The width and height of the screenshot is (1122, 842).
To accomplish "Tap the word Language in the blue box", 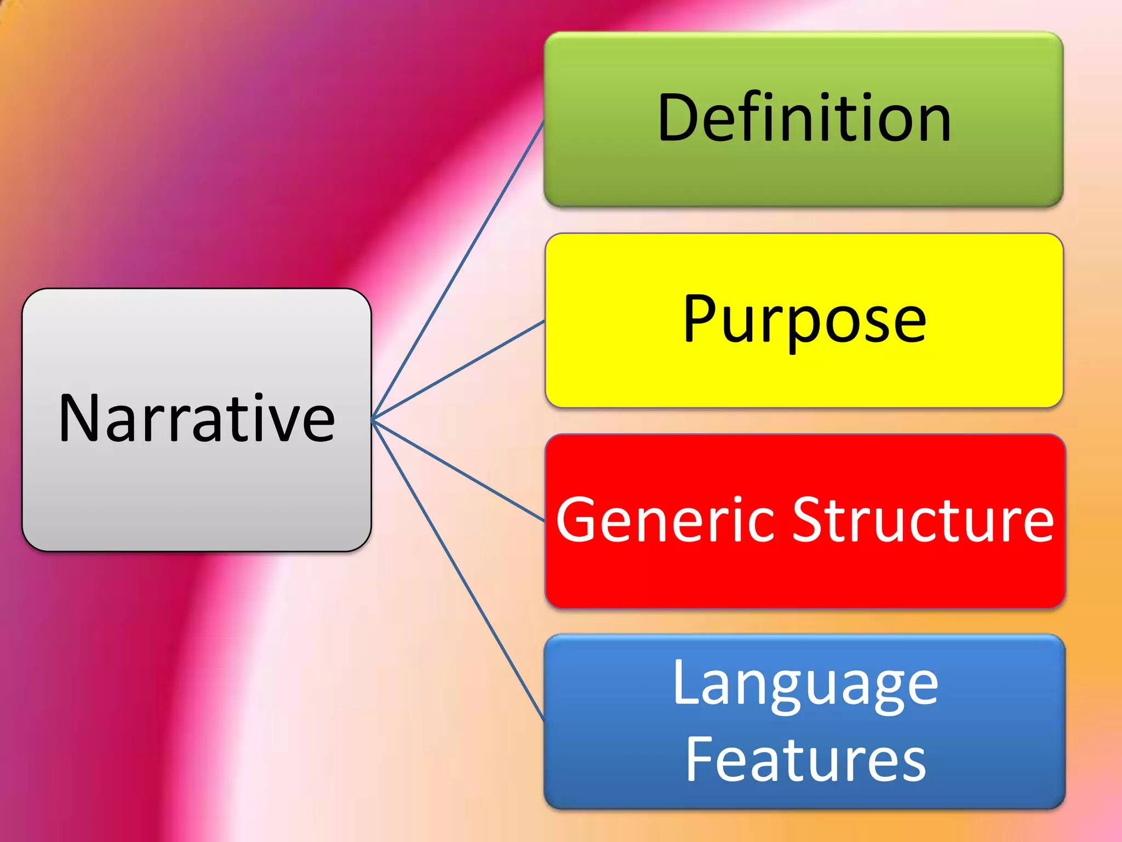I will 805,685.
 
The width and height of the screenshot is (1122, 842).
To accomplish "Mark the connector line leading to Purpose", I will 458,371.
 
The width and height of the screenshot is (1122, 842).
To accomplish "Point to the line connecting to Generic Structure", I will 458,470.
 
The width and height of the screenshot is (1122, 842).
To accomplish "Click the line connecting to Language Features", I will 458,570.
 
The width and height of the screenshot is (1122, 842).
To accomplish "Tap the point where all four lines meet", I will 373,420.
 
